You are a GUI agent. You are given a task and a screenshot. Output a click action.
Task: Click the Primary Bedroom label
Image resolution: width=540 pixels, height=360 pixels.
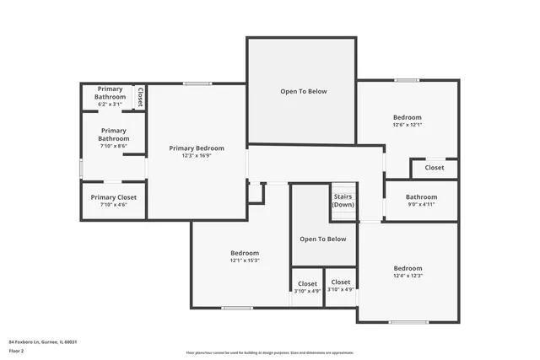[x=196, y=148]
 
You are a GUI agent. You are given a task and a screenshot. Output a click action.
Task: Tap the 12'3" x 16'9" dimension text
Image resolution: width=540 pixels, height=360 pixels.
[x=196, y=156]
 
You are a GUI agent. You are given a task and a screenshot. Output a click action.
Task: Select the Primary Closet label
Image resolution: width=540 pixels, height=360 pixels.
[x=113, y=196]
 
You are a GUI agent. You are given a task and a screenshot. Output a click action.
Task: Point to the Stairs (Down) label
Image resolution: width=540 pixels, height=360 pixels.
[x=343, y=200]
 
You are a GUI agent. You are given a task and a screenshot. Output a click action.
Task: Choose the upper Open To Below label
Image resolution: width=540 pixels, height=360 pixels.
[x=303, y=91]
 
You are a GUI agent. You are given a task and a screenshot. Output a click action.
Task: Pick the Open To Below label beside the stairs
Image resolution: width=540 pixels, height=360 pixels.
[x=323, y=239]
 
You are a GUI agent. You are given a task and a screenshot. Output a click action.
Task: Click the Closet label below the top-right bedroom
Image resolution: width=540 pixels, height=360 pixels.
[x=434, y=168]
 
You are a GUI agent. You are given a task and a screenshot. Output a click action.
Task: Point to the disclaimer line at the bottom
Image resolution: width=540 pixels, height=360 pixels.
[x=269, y=353]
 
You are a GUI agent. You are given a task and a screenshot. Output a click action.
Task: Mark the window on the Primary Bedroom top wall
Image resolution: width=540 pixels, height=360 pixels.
[x=197, y=83]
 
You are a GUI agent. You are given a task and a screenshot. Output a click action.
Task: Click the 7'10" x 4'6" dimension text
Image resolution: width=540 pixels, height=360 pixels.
[x=113, y=204]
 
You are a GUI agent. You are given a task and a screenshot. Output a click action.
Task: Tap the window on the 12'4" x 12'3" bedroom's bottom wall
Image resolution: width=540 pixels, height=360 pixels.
[x=408, y=322]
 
